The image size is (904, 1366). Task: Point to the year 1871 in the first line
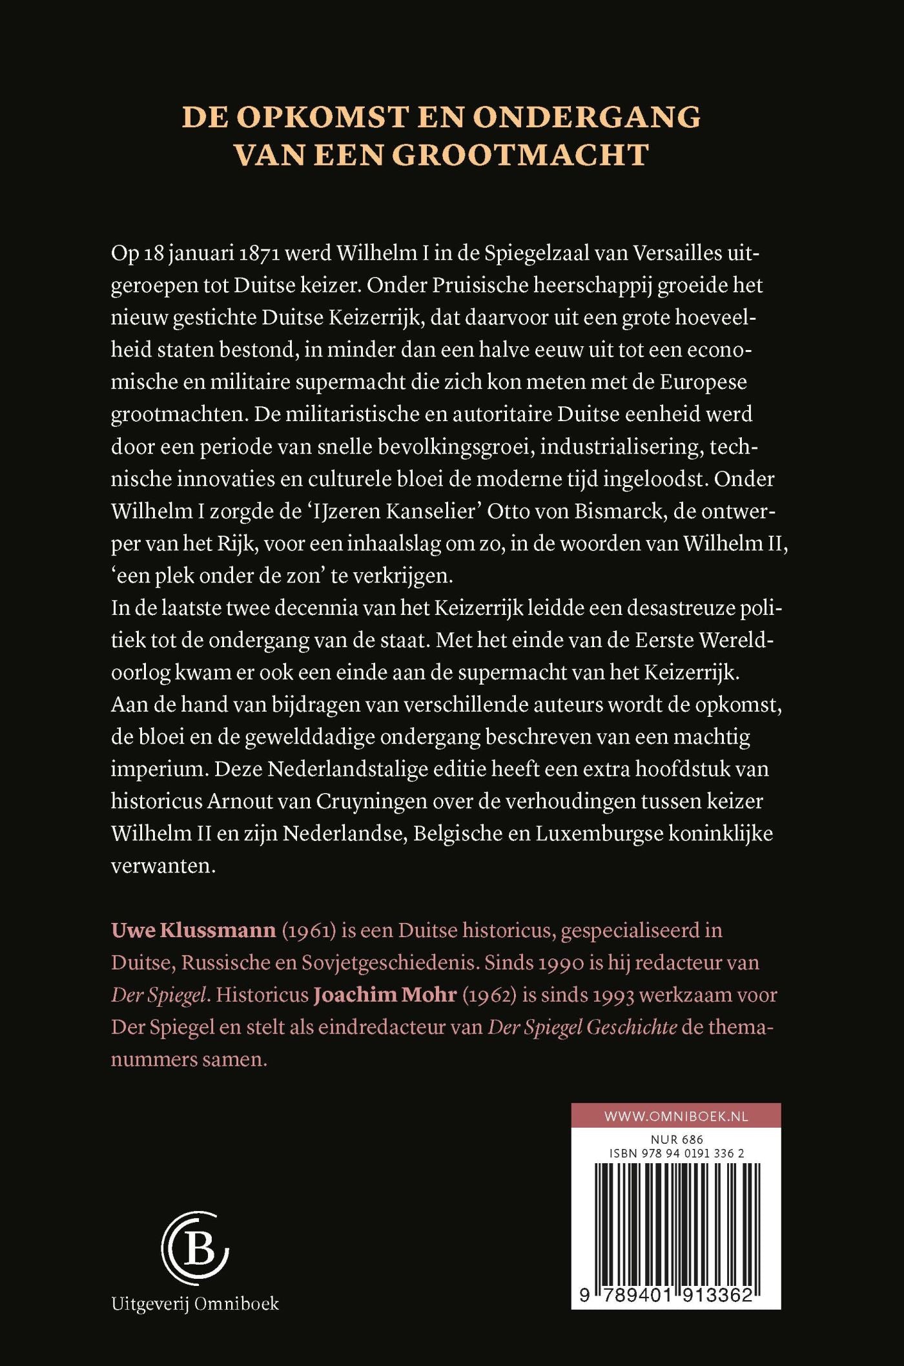258,253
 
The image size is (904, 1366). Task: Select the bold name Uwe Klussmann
193,930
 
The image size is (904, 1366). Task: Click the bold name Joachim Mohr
385,995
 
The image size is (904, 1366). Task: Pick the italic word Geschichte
631,1027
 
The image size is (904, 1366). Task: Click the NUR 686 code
676,1140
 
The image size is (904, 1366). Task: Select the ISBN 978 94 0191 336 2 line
676,1153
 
